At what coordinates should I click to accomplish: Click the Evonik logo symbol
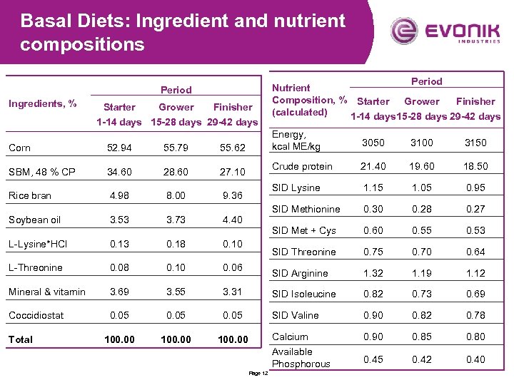(405, 31)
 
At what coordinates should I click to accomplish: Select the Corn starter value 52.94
(119, 148)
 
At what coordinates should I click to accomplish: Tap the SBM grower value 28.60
(176, 172)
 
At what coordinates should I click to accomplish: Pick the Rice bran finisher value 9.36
(233, 196)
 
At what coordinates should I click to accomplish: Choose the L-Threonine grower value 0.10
(176, 268)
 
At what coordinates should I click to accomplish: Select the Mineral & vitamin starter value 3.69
(119, 292)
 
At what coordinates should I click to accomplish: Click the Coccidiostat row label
(36, 315)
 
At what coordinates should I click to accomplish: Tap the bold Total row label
(21, 339)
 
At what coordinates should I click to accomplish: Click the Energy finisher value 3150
(475, 143)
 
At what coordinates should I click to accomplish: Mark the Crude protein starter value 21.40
(373, 166)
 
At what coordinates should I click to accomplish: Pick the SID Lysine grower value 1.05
(422, 188)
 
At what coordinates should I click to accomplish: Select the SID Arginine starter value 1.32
(373, 273)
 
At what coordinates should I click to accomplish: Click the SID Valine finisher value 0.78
(475, 315)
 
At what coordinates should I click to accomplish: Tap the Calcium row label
(290, 337)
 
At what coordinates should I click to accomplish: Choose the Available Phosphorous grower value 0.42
(422, 359)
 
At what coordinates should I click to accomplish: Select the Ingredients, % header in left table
(42, 103)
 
